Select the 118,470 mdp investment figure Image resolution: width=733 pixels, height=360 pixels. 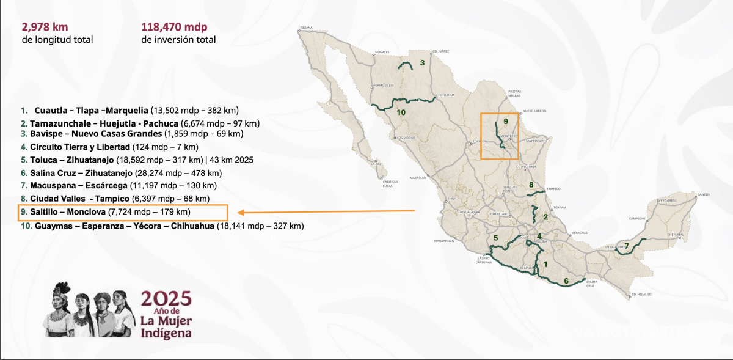(x=174, y=27)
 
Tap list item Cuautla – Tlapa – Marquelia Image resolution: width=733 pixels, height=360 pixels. (x=92, y=111)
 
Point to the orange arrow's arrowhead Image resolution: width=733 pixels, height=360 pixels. (x=241, y=213)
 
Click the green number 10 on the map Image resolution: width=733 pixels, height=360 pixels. (x=401, y=112)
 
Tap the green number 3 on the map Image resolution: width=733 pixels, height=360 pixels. (x=422, y=62)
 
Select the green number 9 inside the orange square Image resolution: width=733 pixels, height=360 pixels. (x=506, y=122)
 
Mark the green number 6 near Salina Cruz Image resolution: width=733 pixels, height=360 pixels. (x=566, y=281)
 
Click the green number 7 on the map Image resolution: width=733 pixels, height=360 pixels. (x=627, y=246)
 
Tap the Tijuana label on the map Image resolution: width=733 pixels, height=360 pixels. (x=306, y=28)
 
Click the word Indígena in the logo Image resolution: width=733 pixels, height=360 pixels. (x=165, y=333)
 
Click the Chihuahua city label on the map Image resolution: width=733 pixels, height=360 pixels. (x=447, y=95)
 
